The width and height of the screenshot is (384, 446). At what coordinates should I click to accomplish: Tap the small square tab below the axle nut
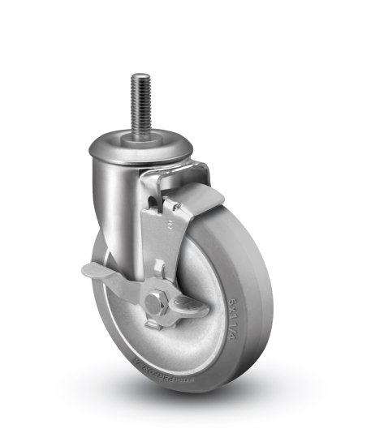[x=152, y=325]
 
